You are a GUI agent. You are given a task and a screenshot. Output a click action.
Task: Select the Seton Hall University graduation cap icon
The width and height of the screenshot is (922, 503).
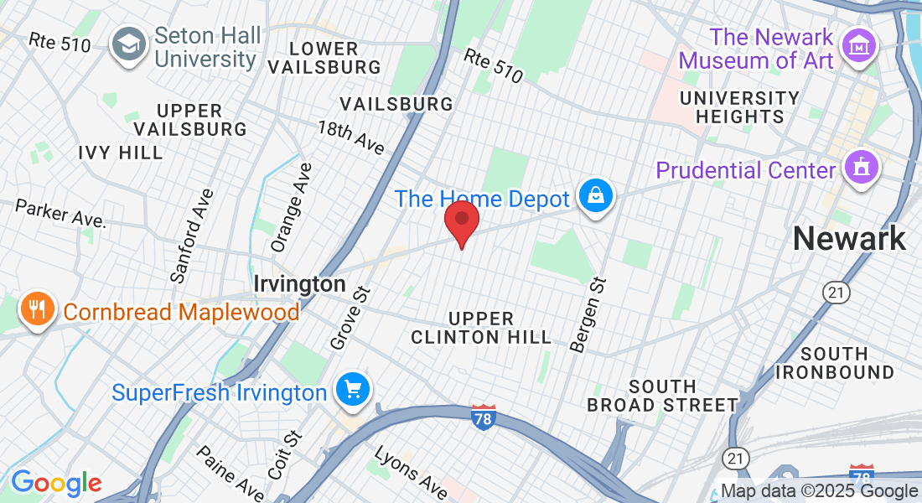(x=129, y=47)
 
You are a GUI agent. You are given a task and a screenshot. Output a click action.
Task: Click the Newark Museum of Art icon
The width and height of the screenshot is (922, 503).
(x=861, y=47)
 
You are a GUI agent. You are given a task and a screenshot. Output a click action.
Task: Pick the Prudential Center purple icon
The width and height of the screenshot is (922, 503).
(x=861, y=168)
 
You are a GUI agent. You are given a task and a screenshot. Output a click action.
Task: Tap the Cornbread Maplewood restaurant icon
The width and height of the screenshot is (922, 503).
(x=36, y=310)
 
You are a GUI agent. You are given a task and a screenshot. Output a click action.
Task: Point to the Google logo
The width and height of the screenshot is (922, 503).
(x=56, y=483)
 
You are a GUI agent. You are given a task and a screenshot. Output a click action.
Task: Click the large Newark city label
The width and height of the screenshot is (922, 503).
(x=849, y=239)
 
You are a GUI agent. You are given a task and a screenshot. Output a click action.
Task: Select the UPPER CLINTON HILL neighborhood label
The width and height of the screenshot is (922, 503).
(x=481, y=328)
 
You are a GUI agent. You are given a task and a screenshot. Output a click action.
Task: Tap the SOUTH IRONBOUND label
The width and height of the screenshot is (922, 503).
(x=835, y=362)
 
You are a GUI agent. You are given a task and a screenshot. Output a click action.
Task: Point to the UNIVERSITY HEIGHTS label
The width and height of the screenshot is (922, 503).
(x=739, y=107)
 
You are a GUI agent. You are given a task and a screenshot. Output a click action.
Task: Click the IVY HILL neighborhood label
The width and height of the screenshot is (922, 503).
(x=121, y=153)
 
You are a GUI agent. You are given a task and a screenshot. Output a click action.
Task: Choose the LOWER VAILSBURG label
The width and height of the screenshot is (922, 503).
(x=335, y=57)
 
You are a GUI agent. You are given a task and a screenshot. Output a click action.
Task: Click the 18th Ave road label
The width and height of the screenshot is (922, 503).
(x=350, y=137)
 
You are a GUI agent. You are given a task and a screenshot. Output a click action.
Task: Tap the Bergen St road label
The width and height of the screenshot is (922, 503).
(x=588, y=315)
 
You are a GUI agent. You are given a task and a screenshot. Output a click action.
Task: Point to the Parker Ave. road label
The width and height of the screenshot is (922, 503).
(x=61, y=213)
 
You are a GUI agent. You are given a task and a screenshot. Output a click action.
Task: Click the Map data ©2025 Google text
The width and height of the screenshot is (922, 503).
(x=819, y=491)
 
